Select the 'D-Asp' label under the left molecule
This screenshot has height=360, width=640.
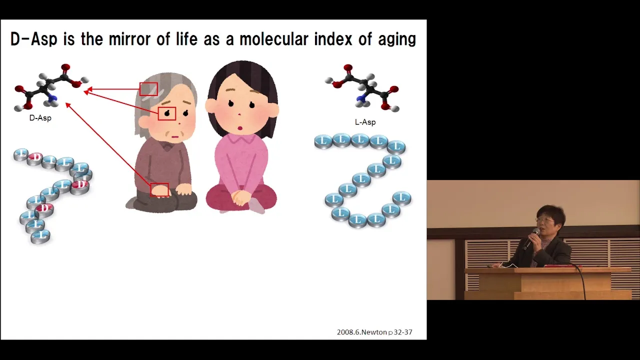(x=40, y=118)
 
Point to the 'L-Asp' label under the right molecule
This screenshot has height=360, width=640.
(x=365, y=122)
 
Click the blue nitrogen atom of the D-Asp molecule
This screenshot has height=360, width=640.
(x=53, y=99)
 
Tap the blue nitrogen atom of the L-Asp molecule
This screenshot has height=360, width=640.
(x=360, y=99)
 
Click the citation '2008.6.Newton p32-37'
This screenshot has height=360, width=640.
(x=374, y=332)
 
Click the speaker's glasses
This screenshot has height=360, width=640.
(x=545, y=219)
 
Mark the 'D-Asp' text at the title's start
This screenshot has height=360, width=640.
(x=34, y=39)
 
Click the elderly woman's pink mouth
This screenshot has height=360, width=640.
(x=175, y=137)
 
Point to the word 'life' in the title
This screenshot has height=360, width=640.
(x=186, y=39)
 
